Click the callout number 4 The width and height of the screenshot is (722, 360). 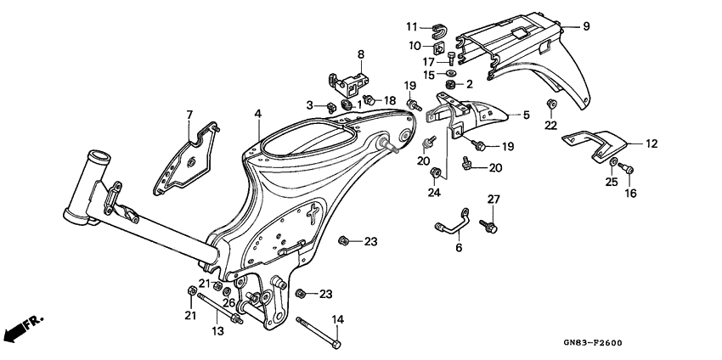pyautogui.click(x=257, y=113)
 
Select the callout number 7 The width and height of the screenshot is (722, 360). pyautogui.click(x=190, y=114)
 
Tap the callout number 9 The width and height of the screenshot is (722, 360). pyautogui.click(x=585, y=26)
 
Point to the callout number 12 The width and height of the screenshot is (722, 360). pyautogui.click(x=651, y=144)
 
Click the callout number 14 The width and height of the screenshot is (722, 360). pyautogui.click(x=336, y=319)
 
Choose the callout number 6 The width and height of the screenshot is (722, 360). pyautogui.click(x=459, y=248)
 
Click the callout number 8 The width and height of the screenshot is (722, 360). pyautogui.click(x=360, y=54)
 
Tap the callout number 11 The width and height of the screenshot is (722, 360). pyautogui.click(x=435, y=26)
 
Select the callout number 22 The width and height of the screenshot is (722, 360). pyautogui.click(x=550, y=126)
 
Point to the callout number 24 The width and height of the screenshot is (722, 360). pyautogui.click(x=434, y=192)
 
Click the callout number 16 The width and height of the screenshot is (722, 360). pyautogui.click(x=630, y=194)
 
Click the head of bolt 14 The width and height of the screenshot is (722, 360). pyautogui.click(x=337, y=344)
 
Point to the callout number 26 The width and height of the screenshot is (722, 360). pyautogui.click(x=228, y=302)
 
